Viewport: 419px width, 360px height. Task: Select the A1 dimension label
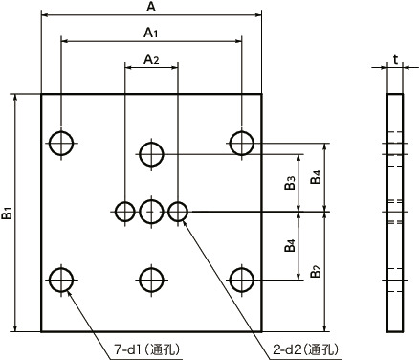point(150,33)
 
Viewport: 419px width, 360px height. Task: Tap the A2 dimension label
point(151,59)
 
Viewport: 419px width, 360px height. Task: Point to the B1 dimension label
point(8,213)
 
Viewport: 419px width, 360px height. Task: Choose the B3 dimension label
point(291,182)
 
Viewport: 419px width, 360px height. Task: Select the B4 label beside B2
point(291,246)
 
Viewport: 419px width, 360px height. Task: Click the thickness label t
point(395,59)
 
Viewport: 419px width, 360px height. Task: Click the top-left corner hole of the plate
point(61,144)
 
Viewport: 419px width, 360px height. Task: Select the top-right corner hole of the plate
point(241,144)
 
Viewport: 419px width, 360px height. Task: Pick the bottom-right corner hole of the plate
point(241,280)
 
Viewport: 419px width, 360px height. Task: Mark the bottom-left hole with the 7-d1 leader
point(61,280)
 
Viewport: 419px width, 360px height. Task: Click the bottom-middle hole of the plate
point(151,280)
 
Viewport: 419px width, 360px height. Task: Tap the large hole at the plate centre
point(151,211)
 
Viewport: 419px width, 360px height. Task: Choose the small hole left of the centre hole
point(125,211)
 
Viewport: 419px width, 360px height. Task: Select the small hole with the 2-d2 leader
point(178,211)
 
